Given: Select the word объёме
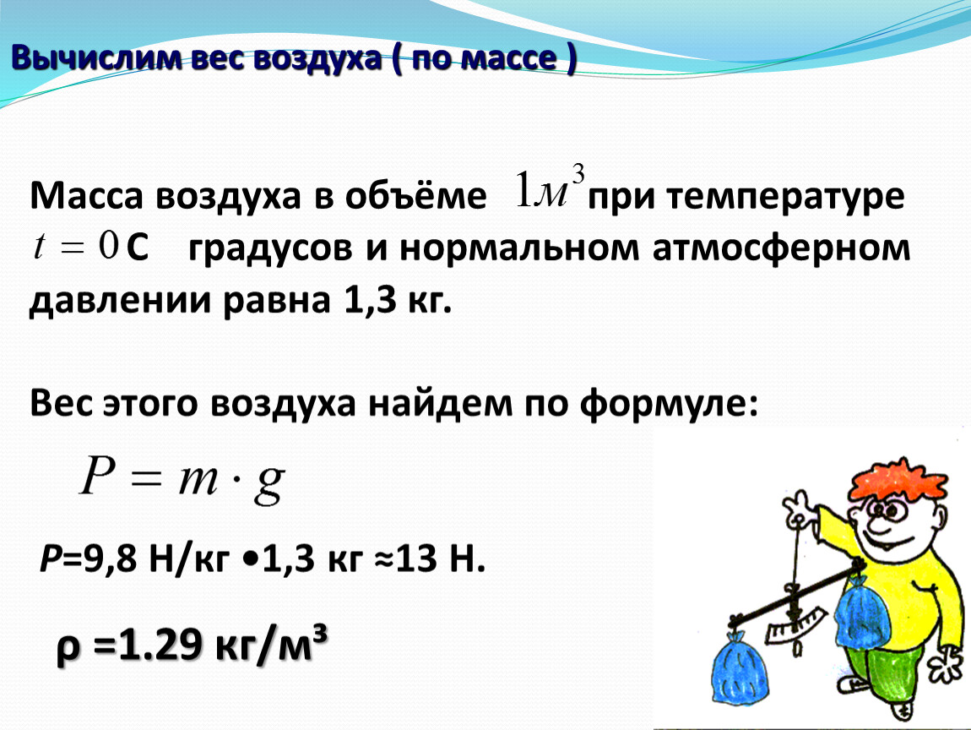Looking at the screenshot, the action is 415,196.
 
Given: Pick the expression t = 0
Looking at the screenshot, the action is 75,246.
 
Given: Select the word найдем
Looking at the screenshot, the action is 440,403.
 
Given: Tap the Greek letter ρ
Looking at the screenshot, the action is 68,650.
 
